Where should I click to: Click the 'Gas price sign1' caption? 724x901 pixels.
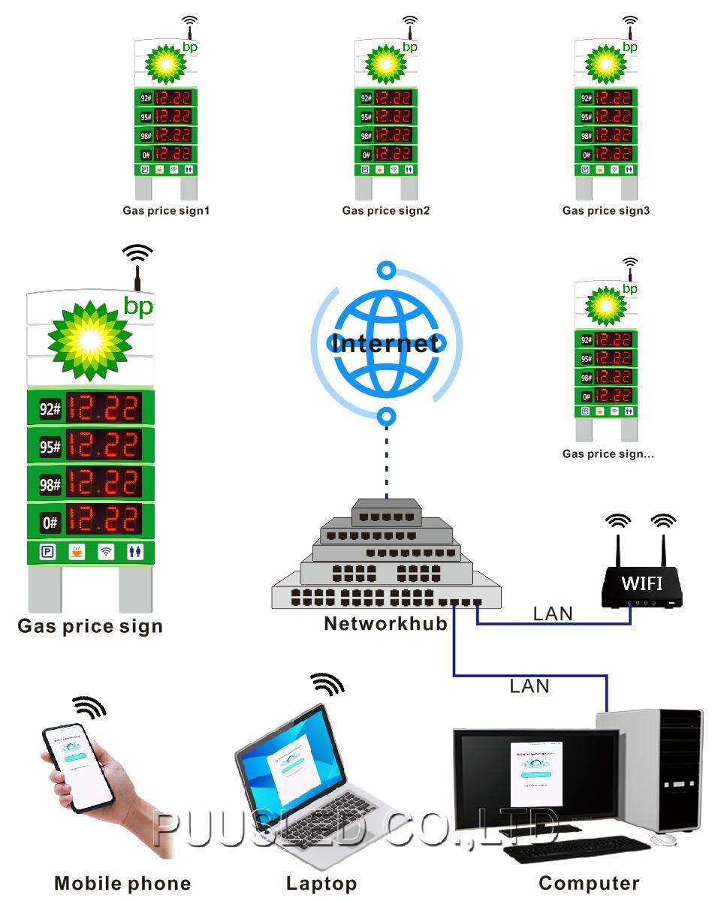pos(166,211)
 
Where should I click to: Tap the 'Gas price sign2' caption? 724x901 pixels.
pos(386,211)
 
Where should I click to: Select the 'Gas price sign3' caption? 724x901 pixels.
pos(606,211)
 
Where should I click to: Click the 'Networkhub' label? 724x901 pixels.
pos(385,623)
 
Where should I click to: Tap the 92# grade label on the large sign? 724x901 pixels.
pos(50,409)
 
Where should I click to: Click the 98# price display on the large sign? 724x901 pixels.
pos(104,484)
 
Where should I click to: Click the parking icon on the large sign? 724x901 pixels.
pos(47,553)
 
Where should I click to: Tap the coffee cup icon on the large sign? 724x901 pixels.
pos(77,553)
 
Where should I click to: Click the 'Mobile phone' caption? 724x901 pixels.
pos(122,884)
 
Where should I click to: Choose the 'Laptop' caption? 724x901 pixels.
pos(321,884)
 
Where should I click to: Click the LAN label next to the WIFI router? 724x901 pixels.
pos(553,613)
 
